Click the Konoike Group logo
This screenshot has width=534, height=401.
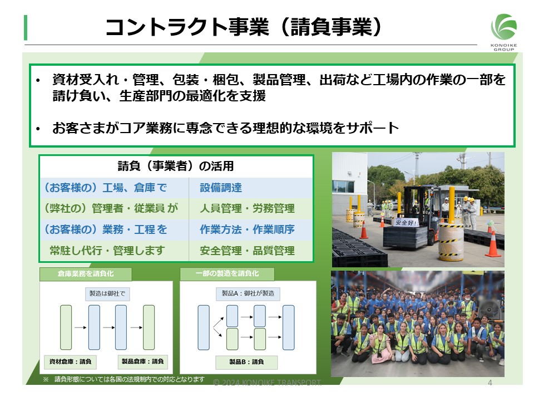(x=504, y=32)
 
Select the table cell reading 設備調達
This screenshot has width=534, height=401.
(x=221, y=188)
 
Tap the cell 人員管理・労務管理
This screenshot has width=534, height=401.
(x=247, y=208)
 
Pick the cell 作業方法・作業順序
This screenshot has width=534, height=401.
(x=247, y=229)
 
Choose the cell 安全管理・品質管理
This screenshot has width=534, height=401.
(x=247, y=251)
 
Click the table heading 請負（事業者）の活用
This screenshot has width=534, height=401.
(x=176, y=166)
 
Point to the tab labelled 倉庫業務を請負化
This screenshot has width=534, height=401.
(x=86, y=274)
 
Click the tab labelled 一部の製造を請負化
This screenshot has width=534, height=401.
(x=227, y=274)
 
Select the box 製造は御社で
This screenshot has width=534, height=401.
(x=107, y=294)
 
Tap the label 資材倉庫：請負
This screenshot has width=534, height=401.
(x=70, y=362)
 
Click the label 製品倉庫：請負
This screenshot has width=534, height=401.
(x=143, y=361)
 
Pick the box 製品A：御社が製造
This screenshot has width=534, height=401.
(x=248, y=294)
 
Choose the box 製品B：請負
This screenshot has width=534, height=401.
(x=246, y=362)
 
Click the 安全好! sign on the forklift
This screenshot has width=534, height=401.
(x=406, y=223)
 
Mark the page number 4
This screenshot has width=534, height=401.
(x=489, y=383)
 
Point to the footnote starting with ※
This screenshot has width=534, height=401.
(x=123, y=379)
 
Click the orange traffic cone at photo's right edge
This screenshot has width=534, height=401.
(x=493, y=243)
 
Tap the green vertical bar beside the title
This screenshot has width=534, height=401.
(x=26, y=27)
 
